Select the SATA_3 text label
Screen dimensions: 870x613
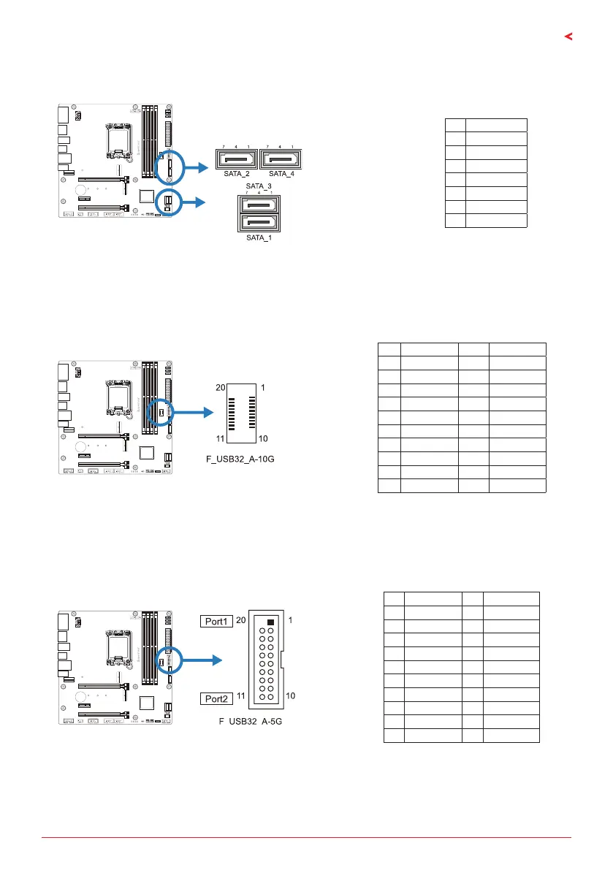point(259,187)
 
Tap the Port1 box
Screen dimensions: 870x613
point(215,621)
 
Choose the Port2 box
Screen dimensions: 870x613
point(215,698)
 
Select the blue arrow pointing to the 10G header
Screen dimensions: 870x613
point(191,413)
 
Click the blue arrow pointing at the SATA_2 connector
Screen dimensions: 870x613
point(194,167)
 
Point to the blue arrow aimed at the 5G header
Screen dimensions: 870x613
point(200,660)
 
